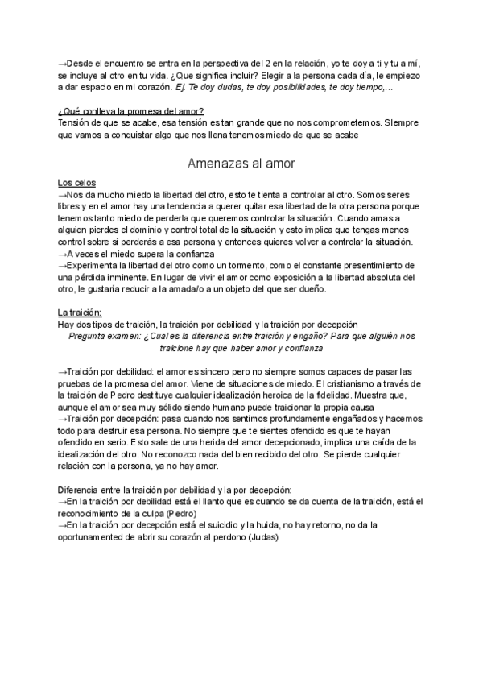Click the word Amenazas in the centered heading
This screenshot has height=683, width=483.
(215, 164)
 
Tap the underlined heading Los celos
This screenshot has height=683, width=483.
(76, 183)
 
